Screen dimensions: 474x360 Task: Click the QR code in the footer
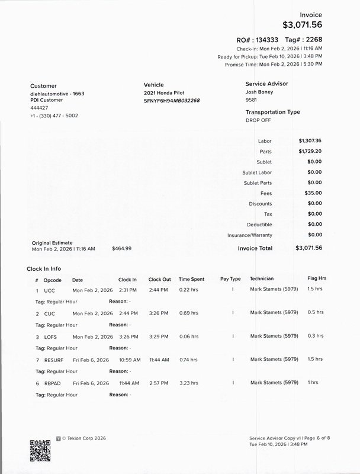(40, 451)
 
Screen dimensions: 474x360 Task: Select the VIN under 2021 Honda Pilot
(172, 101)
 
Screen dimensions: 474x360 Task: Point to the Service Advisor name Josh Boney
(259, 92)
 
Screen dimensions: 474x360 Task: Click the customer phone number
(54, 116)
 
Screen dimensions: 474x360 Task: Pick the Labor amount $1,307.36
(310, 141)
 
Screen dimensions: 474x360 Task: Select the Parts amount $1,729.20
(310, 152)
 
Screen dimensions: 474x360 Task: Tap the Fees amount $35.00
(313, 193)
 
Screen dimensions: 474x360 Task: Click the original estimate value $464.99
(121, 249)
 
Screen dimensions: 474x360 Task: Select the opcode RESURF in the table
(54, 360)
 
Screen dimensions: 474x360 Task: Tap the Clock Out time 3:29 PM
(159, 336)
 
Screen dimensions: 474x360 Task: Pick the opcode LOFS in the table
(51, 336)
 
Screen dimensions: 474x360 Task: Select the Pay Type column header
(230, 278)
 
